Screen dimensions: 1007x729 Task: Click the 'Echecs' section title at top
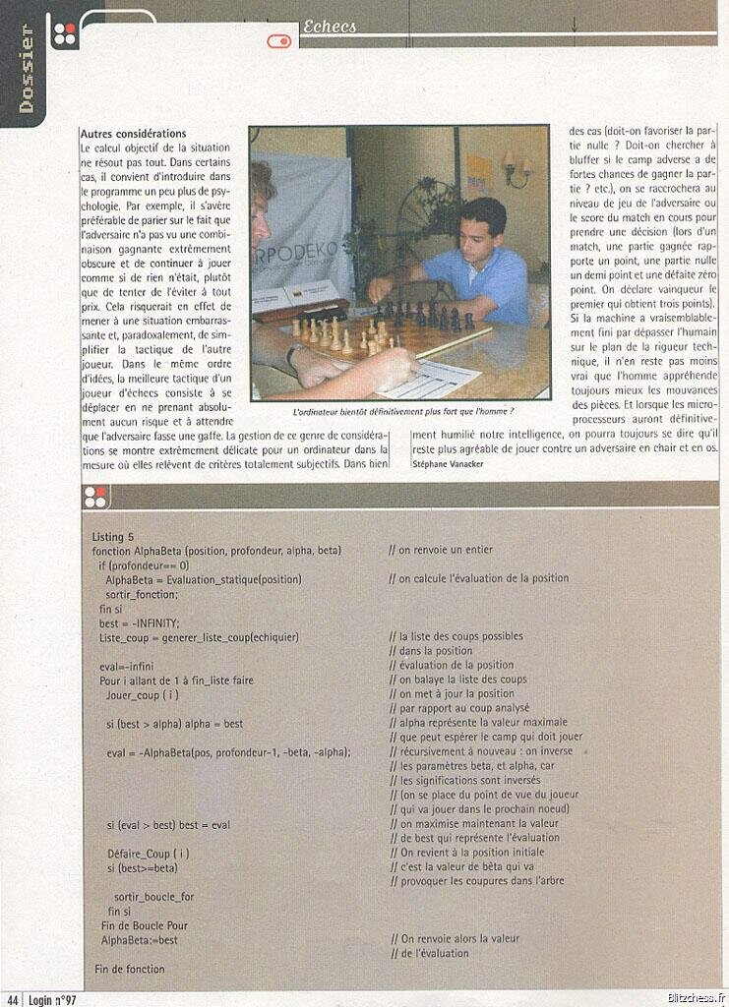point(331,27)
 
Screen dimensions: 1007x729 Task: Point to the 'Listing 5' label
point(113,537)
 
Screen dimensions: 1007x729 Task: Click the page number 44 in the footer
point(11,999)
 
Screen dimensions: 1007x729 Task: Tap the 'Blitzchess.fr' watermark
point(694,997)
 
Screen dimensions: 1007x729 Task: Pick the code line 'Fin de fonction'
point(130,969)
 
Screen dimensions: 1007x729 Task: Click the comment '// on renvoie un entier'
point(441,550)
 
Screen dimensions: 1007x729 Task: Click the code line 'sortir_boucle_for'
point(154,897)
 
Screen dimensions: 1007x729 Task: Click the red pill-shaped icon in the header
point(279,41)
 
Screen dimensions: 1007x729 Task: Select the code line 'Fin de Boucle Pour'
point(145,925)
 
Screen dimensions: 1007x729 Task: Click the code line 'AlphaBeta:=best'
point(140,940)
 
